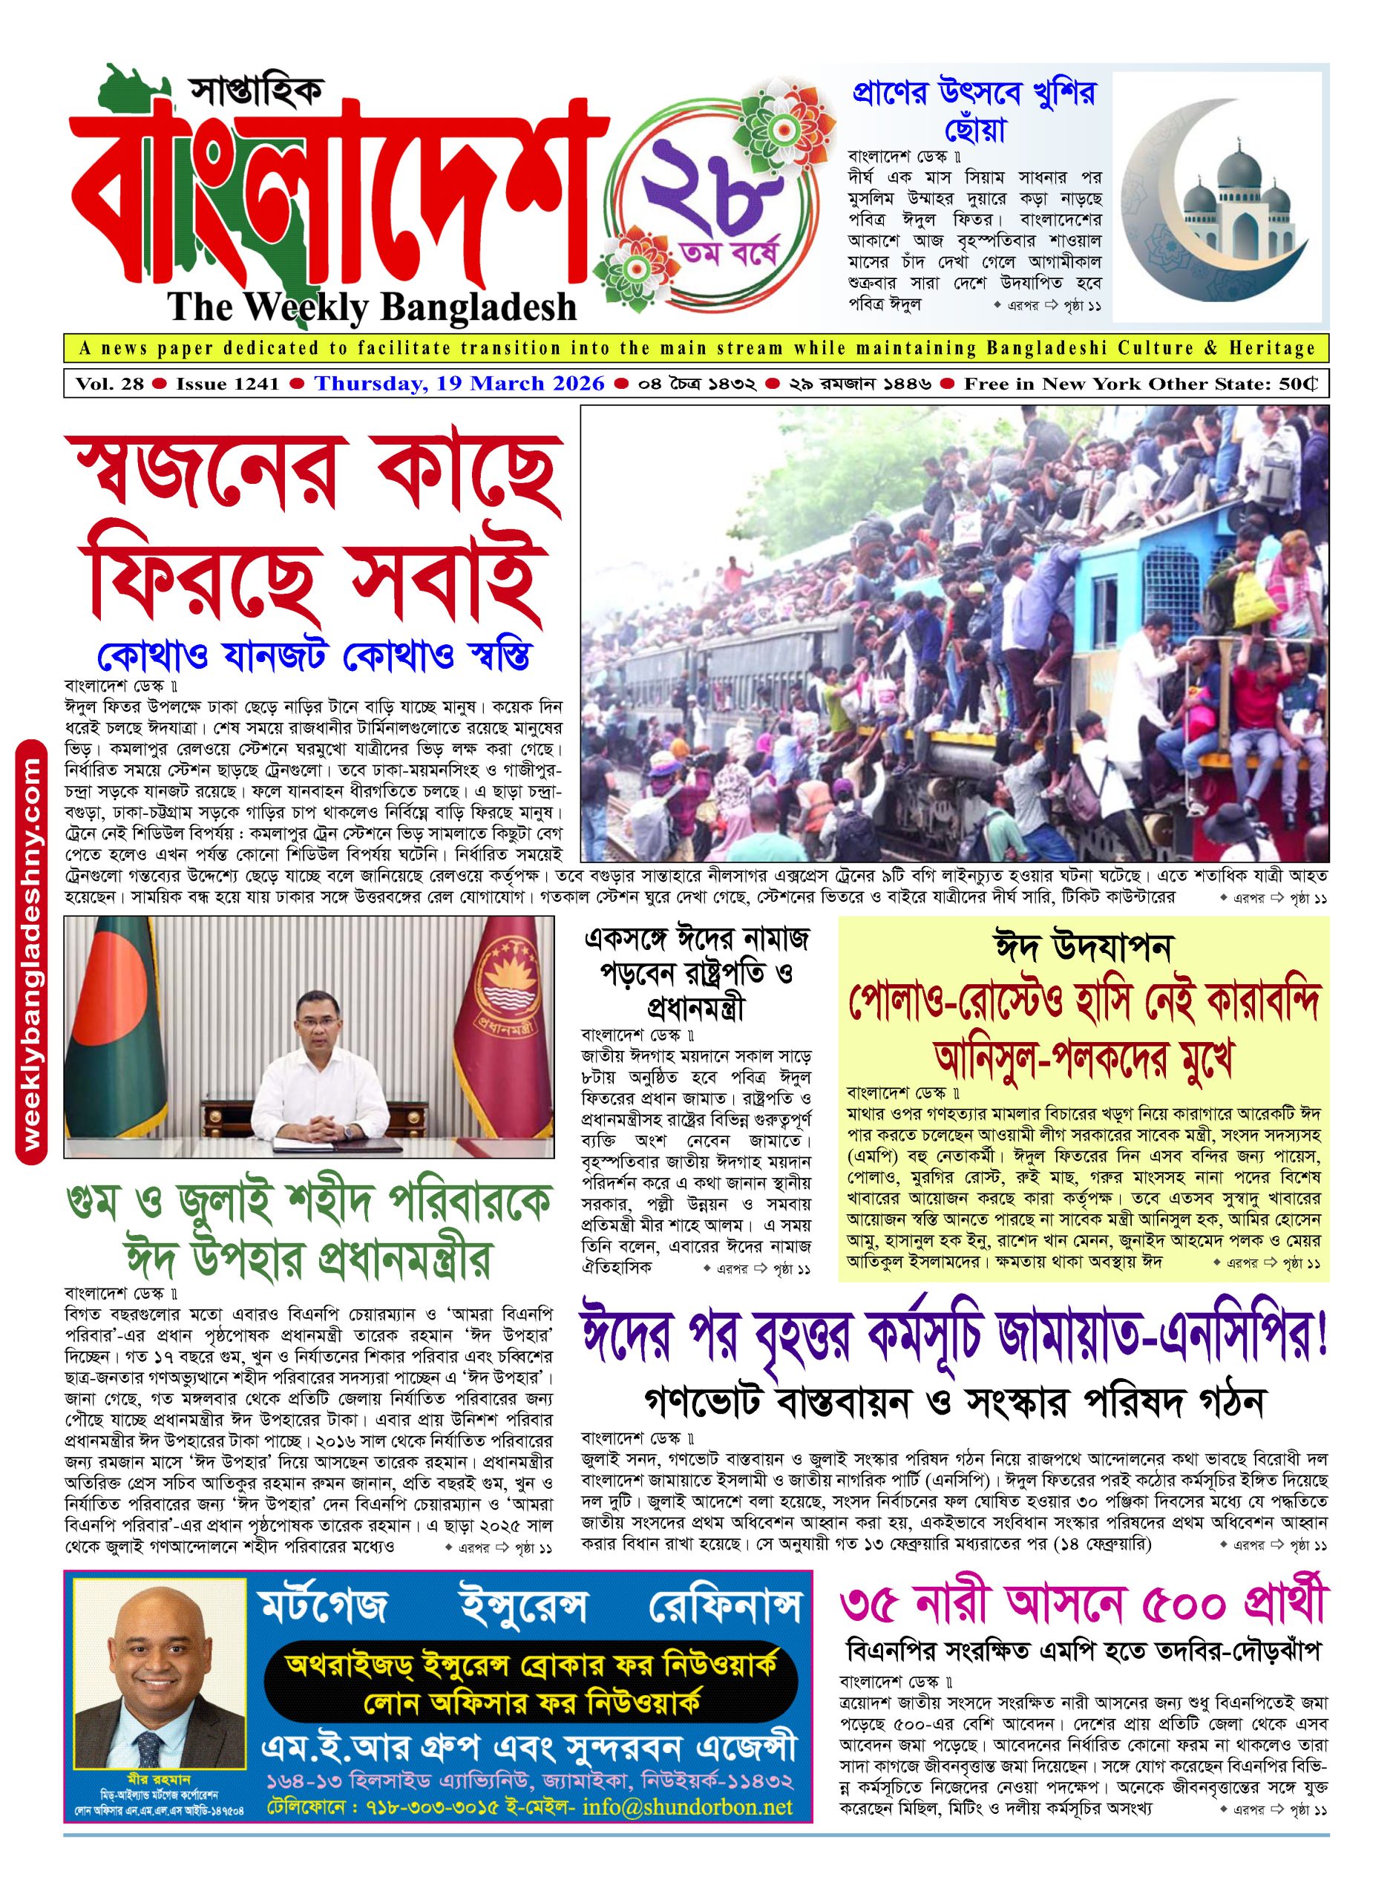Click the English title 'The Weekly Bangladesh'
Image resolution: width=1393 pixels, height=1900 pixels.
(372, 307)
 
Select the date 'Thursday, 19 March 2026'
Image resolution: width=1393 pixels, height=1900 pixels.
(459, 384)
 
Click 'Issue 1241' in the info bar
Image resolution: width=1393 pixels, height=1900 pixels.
(228, 384)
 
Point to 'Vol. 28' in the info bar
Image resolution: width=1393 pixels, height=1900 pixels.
(110, 384)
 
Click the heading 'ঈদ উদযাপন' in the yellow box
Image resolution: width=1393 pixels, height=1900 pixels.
(1083, 948)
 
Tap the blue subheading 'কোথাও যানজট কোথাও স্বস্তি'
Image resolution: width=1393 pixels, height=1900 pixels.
(313, 655)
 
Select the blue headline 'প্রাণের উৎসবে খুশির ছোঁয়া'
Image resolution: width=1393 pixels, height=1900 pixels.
(974, 110)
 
